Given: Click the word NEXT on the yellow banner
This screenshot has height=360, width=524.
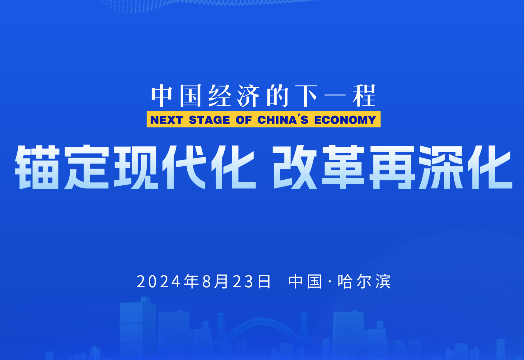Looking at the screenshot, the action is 166,120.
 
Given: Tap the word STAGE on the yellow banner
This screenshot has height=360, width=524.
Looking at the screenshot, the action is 209,120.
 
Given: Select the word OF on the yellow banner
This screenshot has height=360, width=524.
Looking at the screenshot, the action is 244,120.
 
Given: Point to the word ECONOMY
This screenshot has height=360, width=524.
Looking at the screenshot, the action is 345,120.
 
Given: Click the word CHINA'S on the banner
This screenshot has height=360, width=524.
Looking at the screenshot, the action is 283,120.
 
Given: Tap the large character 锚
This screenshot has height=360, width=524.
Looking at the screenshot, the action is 37,167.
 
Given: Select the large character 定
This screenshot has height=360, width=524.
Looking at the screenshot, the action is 86,167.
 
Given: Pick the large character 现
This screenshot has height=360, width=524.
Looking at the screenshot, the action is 136,167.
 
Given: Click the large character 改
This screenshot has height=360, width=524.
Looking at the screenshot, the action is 294,167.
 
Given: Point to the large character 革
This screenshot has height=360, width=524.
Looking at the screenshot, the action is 343,167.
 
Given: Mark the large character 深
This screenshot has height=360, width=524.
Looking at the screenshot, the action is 441,167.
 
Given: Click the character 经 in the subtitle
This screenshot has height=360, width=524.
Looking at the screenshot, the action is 220,96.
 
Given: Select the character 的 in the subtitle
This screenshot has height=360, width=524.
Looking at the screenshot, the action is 278,96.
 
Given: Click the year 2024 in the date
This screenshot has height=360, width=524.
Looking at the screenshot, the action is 158,281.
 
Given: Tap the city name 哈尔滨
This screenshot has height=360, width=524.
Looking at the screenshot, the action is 364,281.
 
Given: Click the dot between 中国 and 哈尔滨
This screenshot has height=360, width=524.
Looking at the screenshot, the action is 330,281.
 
